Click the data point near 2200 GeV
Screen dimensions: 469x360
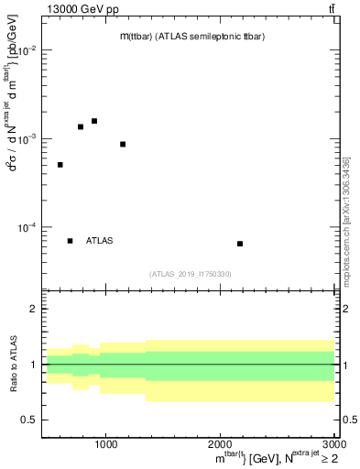(240, 244)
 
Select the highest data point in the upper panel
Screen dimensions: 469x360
(94, 121)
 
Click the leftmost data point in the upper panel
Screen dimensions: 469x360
(60, 165)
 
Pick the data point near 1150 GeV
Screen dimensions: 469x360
(123, 144)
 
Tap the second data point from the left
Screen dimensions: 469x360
(81, 126)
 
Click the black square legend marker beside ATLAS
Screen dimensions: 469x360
(70, 241)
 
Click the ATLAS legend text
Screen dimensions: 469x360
(99, 241)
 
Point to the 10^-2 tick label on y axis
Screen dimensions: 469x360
(27, 51)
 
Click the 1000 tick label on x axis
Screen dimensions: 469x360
(106, 445)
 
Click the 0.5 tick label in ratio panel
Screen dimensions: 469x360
(29, 420)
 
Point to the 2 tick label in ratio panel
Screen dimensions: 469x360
(33, 310)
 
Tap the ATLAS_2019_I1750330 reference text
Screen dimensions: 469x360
(191, 274)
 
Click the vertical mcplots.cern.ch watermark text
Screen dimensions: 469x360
(346, 220)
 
